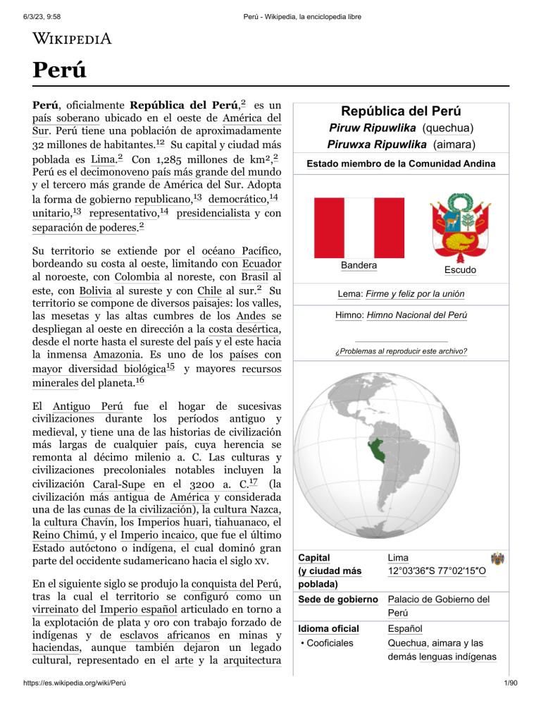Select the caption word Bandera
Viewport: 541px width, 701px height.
pos(358,265)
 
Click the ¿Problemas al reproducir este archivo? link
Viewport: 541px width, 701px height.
pos(401,351)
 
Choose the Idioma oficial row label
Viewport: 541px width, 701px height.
pos(328,628)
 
